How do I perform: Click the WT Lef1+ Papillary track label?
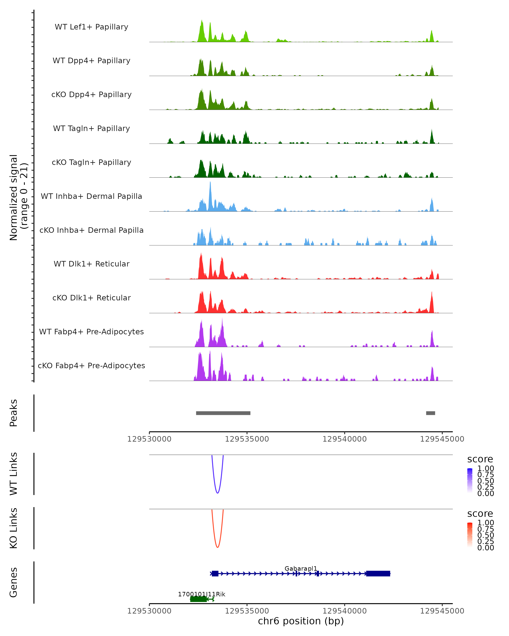click(x=91, y=27)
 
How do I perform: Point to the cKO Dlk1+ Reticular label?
click(x=91, y=298)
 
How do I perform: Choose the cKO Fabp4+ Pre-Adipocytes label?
click(x=91, y=365)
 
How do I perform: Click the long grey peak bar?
click(x=223, y=413)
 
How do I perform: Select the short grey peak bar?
click(x=430, y=413)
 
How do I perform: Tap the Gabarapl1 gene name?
click(x=301, y=568)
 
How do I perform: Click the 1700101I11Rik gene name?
click(x=201, y=594)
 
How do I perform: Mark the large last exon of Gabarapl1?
click(x=378, y=573)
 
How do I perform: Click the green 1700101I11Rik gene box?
click(x=198, y=599)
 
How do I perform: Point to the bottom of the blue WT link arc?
click(x=217, y=493)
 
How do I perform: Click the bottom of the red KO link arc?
click(x=217, y=547)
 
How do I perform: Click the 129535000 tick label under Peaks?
click(x=247, y=439)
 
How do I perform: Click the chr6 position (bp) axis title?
click(x=301, y=621)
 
